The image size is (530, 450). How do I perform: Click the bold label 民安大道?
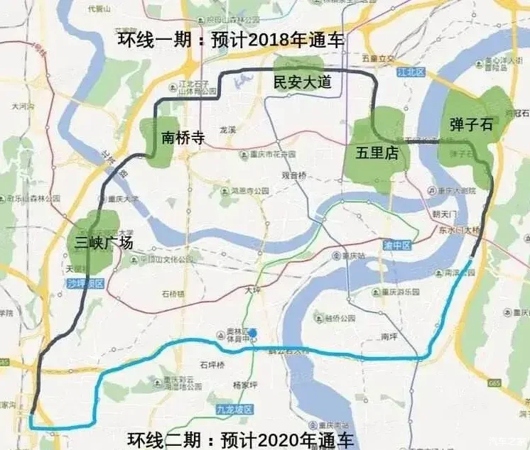(x=303, y=82)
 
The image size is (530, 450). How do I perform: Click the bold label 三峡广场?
(x=104, y=243)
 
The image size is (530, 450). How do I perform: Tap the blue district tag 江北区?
(x=410, y=71)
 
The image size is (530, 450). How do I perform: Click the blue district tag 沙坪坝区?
(x=86, y=282)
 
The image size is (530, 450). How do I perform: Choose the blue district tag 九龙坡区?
(x=235, y=410)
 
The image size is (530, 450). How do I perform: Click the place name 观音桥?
(x=293, y=175)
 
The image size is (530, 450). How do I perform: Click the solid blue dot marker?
(x=252, y=332)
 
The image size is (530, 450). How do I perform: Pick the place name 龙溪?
(x=227, y=130)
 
